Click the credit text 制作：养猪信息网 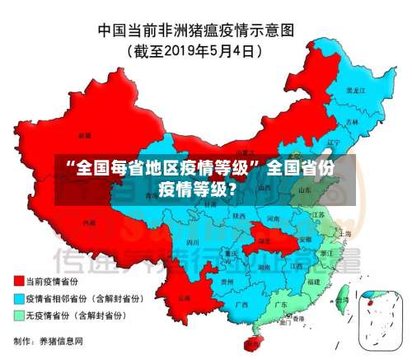pos(49,340)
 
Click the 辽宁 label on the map pos(333,142)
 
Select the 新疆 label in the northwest pos(84,134)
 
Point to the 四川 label pos(193,243)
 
